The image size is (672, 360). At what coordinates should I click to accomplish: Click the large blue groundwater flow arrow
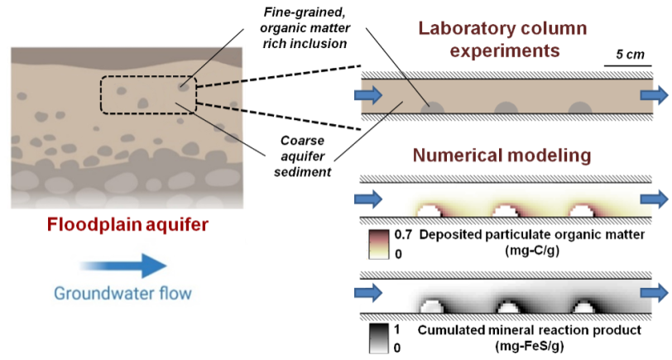click(124, 266)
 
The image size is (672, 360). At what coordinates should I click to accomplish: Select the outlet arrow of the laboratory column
click(655, 95)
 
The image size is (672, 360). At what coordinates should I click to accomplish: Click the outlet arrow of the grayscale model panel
click(655, 292)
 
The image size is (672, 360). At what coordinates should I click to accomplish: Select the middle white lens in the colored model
click(506, 212)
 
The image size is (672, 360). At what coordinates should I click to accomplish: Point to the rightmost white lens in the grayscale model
click(583, 306)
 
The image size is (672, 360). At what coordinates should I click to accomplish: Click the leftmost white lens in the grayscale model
click(431, 306)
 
